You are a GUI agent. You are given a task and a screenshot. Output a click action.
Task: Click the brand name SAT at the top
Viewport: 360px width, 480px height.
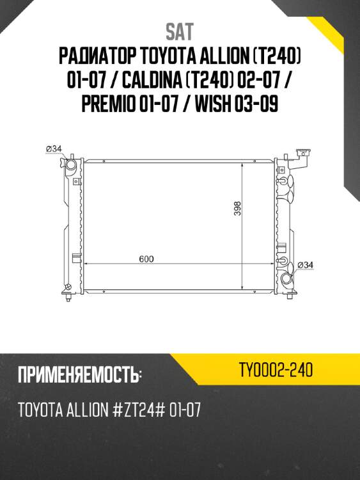(x=180, y=31)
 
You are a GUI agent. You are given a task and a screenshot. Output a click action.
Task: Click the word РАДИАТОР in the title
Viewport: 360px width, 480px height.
(x=97, y=58)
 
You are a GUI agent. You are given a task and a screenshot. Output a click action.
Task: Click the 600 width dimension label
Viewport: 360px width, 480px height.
(x=146, y=259)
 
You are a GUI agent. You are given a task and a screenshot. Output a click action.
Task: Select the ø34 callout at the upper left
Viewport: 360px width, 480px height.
(x=53, y=149)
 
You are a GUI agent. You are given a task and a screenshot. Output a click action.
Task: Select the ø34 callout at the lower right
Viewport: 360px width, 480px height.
(x=304, y=265)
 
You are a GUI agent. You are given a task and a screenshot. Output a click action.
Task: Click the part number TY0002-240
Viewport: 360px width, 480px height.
(x=276, y=370)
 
